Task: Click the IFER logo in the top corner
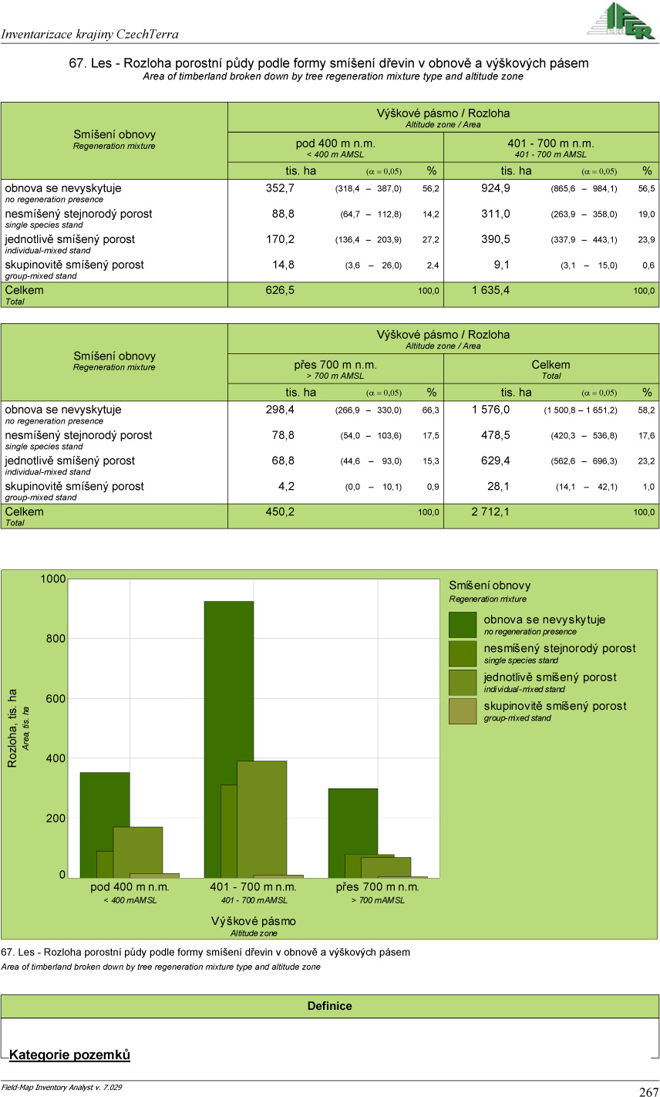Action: click(620, 20)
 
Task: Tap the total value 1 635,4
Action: click(490, 291)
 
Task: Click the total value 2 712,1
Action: click(490, 512)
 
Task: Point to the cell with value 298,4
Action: click(280, 410)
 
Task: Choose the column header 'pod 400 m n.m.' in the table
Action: click(335, 143)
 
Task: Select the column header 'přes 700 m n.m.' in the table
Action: click(335, 365)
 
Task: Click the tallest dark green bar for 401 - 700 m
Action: click(228, 694)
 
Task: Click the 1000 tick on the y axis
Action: click(53, 579)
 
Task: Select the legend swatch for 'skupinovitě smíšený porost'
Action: click(463, 711)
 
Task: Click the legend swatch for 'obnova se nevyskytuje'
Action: click(463, 624)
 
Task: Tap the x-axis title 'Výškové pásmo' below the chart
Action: click(253, 921)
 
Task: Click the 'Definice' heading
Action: click(329, 1006)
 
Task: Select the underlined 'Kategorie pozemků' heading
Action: click(69, 1055)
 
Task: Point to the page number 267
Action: click(648, 1092)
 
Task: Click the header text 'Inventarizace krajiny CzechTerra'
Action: click(90, 34)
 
